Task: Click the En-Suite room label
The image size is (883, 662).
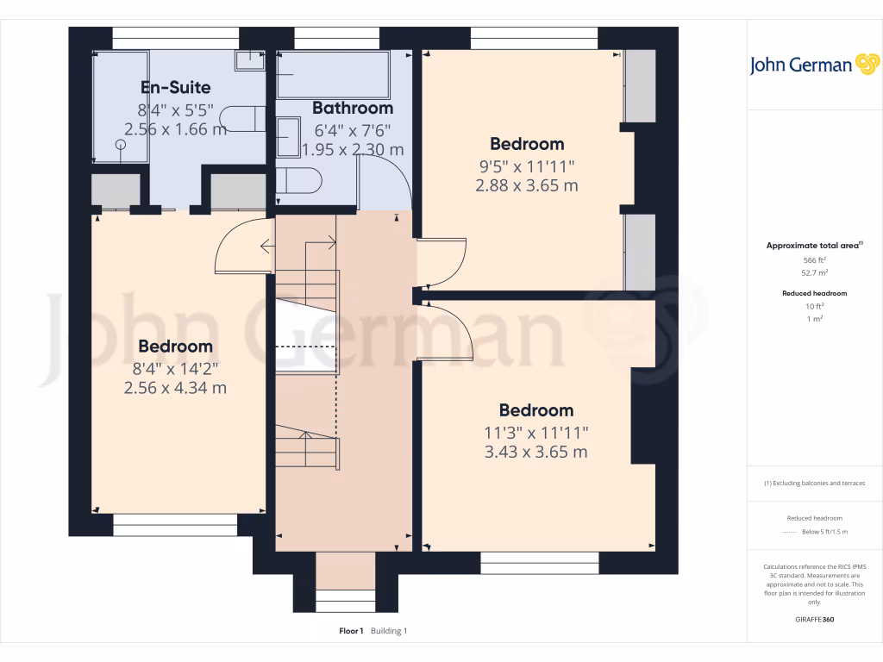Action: click(x=175, y=87)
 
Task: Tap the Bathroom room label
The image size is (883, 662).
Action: click(x=352, y=108)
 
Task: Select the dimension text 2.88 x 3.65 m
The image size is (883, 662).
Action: click(x=527, y=185)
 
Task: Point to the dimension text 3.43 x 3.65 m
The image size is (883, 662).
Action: click(x=535, y=452)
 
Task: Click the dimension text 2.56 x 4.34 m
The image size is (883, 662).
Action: click(x=175, y=388)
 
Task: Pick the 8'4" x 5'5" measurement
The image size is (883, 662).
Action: click(x=175, y=109)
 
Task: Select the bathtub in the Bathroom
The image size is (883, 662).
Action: click(x=333, y=75)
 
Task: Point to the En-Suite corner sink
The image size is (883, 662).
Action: click(x=250, y=59)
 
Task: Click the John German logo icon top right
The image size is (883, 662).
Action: click(x=866, y=65)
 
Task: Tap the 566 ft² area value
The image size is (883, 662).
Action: click(x=815, y=259)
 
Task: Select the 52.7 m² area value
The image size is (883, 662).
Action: click(x=815, y=272)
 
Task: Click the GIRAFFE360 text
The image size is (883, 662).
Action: click(x=815, y=619)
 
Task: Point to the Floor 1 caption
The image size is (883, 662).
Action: click(x=351, y=631)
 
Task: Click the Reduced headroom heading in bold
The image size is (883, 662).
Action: click(x=815, y=293)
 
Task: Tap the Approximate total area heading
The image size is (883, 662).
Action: click(x=813, y=246)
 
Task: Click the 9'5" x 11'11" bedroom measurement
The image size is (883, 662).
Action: click(x=527, y=165)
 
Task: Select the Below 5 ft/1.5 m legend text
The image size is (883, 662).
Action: click(x=824, y=533)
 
